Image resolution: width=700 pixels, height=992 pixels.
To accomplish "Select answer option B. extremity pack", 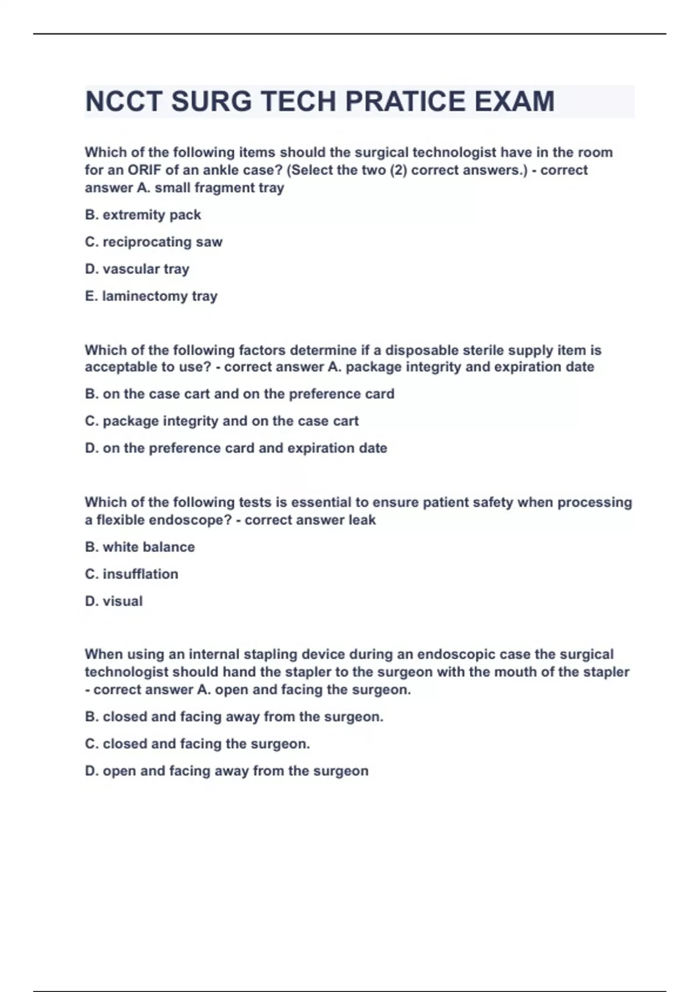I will point(143,215).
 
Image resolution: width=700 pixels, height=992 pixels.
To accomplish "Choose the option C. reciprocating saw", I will point(153,242).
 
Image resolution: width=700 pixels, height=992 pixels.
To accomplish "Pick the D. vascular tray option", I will point(137,269).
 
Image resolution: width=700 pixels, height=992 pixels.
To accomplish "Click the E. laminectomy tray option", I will point(151,296).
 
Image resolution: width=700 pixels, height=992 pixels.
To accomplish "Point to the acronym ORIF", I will point(144,170).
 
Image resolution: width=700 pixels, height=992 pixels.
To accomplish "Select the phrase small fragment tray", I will point(219,188).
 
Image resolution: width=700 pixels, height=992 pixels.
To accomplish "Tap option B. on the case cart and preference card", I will point(239,394).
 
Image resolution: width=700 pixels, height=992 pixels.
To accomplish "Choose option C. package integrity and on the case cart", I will point(222,421).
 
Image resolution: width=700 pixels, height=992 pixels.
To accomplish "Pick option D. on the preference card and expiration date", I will point(236,448).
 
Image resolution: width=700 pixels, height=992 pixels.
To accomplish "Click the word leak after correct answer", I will point(362,520).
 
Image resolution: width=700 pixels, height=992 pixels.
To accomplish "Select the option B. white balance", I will point(140,547).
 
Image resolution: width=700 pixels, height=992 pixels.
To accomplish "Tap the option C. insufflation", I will point(131,574).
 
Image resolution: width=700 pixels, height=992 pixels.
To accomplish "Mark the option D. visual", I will point(114,601).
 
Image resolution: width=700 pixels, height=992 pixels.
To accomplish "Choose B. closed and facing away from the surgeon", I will point(234,717).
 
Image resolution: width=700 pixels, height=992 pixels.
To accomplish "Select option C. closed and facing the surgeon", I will point(197,744).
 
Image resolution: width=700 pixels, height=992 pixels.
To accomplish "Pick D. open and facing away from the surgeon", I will point(226,771).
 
